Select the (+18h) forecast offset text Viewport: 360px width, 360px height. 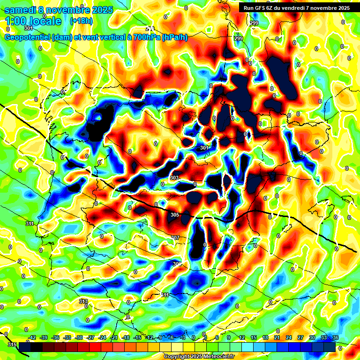[81, 21]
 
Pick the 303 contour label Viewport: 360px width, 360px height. [174, 178]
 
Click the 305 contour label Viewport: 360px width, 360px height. [175, 215]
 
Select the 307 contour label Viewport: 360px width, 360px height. [175, 238]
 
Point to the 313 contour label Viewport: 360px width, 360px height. [83, 301]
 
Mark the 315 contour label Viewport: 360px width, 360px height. [13, 345]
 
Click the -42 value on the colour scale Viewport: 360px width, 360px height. [32, 337]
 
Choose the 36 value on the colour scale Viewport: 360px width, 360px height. [335, 337]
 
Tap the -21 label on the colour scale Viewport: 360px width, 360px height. [114, 337]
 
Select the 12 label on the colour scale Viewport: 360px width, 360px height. [242, 337]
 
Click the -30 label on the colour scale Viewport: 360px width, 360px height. [79, 337]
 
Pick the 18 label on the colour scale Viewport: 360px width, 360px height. [265, 337]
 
